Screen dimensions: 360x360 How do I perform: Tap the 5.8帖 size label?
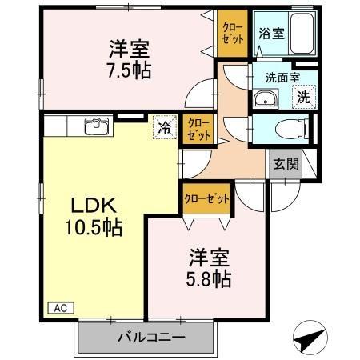coord(210,280)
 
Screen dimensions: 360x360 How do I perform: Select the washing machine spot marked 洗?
coord(304,98)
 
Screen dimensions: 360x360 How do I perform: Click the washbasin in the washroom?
coord(265,100)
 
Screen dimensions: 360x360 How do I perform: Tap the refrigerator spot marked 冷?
coord(163,126)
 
